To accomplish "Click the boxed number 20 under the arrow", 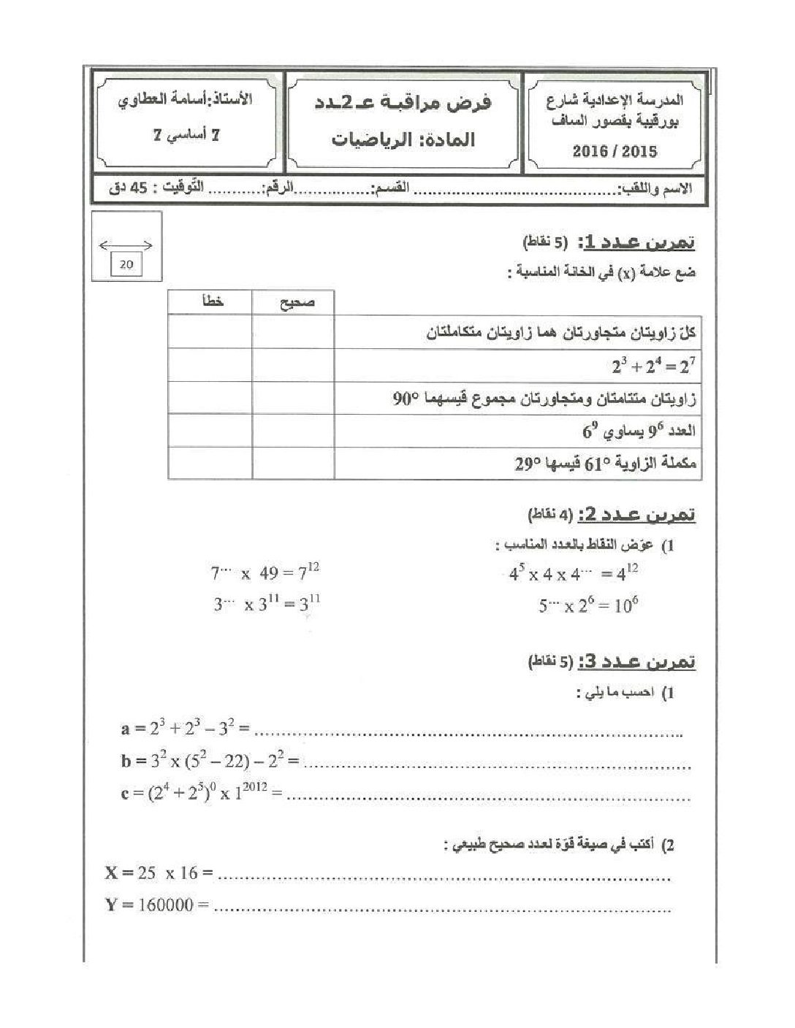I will click(x=126, y=264).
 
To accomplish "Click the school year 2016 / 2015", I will click(x=615, y=151).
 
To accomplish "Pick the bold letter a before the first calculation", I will click(x=125, y=728).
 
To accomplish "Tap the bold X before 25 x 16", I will click(x=111, y=872).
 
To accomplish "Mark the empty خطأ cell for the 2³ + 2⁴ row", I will click(x=210, y=365).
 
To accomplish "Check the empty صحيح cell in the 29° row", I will click(x=294, y=464).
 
